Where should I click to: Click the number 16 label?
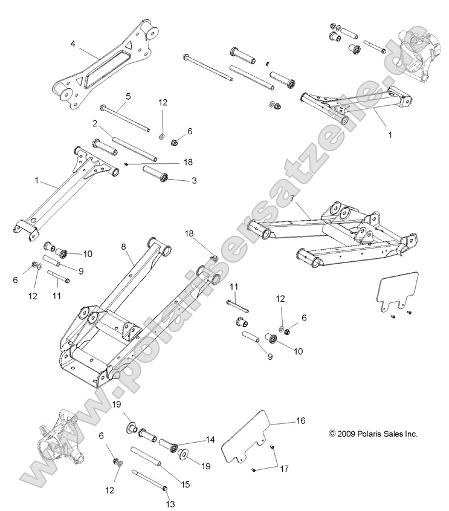click(300, 419)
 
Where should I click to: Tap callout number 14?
click(210, 440)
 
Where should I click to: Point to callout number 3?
click(194, 181)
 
